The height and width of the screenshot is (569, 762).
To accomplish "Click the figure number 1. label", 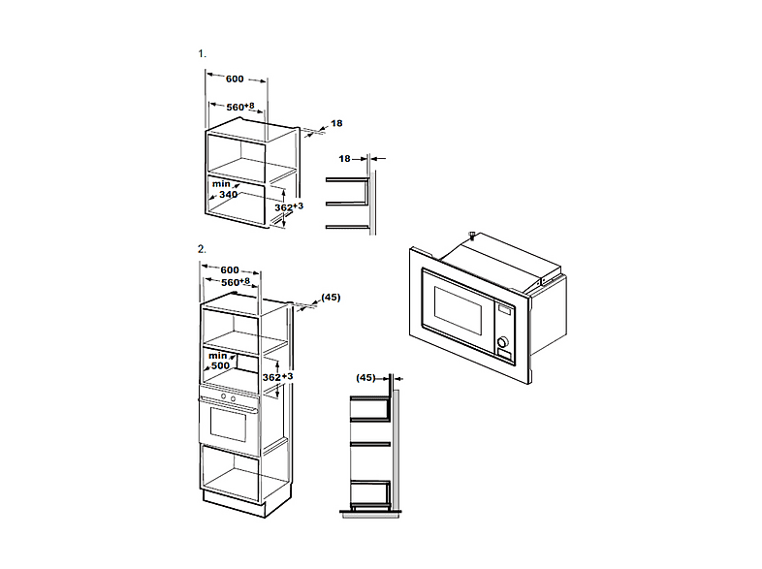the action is pyautogui.click(x=203, y=53).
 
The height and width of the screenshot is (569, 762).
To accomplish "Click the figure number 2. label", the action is pyautogui.click(x=202, y=249).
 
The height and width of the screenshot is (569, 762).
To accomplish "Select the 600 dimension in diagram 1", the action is pyautogui.click(x=235, y=79).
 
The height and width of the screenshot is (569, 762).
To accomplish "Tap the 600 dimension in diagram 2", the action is pyautogui.click(x=230, y=269).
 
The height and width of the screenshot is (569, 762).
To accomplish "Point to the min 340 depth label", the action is pyautogui.click(x=225, y=189).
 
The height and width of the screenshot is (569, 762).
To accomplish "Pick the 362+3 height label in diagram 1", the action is pyautogui.click(x=289, y=207).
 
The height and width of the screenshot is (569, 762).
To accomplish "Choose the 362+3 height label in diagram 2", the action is pyautogui.click(x=277, y=376).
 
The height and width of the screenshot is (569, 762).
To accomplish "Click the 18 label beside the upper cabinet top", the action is pyautogui.click(x=336, y=123).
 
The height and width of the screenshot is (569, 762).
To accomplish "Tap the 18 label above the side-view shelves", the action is pyautogui.click(x=344, y=158).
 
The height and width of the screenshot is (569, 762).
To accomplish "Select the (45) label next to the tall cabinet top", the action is pyautogui.click(x=331, y=297).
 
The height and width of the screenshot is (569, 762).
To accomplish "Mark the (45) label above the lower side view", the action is pyautogui.click(x=365, y=377).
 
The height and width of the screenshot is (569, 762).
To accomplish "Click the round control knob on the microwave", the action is pyautogui.click(x=502, y=342).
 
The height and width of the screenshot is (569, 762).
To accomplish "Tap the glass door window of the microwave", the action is pyautogui.click(x=458, y=310).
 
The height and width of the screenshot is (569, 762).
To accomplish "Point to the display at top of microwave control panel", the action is pyautogui.click(x=505, y=308).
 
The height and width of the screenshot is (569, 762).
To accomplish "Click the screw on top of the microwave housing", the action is pyautogui.click(x=471, y=236).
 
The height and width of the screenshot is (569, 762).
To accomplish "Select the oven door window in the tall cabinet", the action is pyautogui.click(x=228, y=424).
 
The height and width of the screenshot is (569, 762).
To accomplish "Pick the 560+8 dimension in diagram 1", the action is pyautogui.click(x=240, y=107).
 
